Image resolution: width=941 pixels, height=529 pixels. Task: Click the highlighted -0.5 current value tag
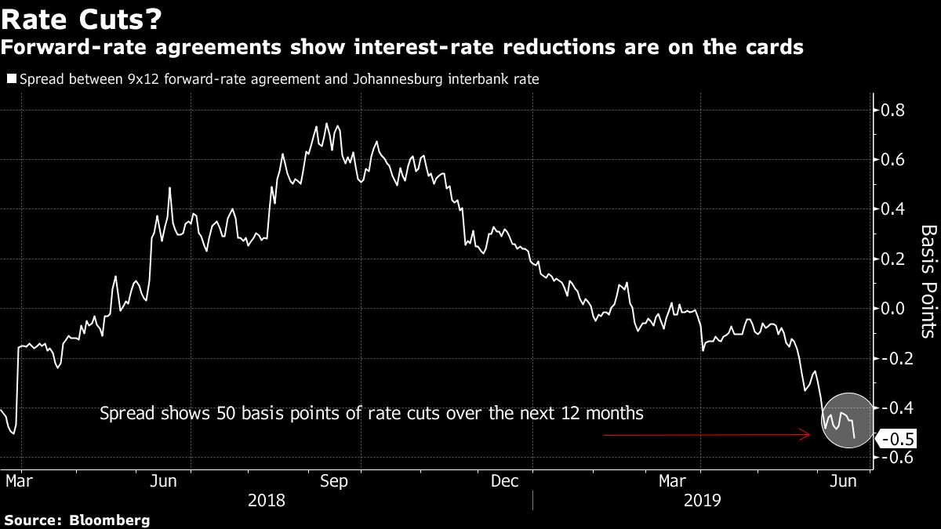[895, 439]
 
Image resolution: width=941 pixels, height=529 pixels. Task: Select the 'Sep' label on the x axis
[334, 481]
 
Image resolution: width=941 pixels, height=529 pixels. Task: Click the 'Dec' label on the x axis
[504, 481]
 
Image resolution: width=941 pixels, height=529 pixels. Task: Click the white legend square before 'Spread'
[9, 78]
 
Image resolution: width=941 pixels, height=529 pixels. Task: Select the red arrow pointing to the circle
[706, 434]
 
